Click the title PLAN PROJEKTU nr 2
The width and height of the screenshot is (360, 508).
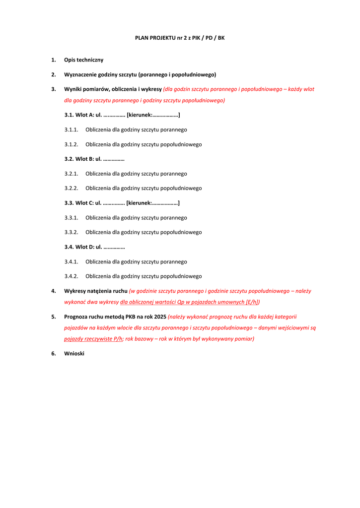(180, 38)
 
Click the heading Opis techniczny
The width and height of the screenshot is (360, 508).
(84, 60)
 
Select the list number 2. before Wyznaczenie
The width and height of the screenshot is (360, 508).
(54, 75)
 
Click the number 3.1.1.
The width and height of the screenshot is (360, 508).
(71, 130)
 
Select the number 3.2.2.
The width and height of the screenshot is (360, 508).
(71, 189)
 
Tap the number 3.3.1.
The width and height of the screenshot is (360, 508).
(71, 218)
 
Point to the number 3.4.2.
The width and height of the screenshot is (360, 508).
(71, 276)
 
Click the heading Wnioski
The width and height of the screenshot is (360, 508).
(74, 354)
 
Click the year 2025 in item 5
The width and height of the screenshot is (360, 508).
(160, 317)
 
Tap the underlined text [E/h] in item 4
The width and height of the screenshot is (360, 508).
(252, 302)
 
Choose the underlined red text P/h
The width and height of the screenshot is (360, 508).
(117, 339)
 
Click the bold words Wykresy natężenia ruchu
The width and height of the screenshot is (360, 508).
(96, 291)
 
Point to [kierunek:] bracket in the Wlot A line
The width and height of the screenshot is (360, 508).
(153, 115)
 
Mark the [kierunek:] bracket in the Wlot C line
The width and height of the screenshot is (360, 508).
(153, 203)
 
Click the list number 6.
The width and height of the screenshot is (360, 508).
(54, 354)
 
